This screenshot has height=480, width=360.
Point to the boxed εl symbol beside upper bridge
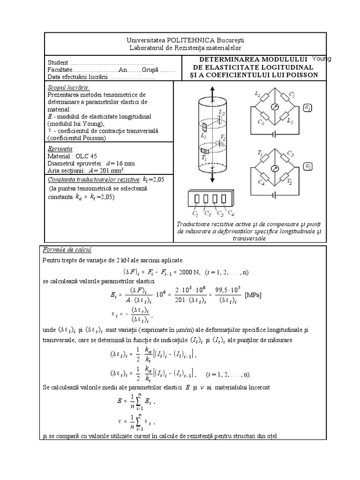[x=308, y=108]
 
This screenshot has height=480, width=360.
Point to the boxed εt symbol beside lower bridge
[x=308, y=167]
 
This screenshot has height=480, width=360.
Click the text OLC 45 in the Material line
[x=85, y=156]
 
